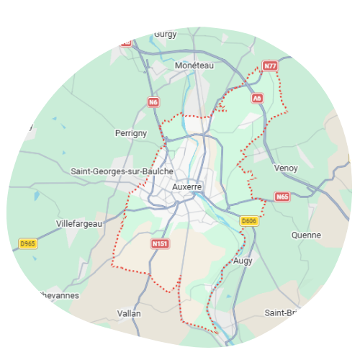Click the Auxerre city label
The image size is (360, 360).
[x=187, y=186]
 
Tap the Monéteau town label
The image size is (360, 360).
[x=195, y=65]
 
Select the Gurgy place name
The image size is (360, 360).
[x=166, y=34]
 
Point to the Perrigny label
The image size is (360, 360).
[x=131, y=133]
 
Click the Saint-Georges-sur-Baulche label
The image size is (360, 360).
[x=122, y=171]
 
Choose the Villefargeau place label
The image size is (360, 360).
[x=79, y=224]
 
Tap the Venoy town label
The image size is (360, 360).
[x=286, y=168]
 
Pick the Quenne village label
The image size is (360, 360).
[x=306, y=235]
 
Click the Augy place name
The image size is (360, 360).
[x=243, y=261]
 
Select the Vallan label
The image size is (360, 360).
[x=129, y=313]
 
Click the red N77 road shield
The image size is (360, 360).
[x=270, y=66]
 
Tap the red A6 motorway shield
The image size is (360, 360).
[x=257, y=97]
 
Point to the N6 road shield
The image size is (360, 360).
[x=153, y=102]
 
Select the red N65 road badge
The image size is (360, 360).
[x=282, y=197]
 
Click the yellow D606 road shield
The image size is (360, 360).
[x=249, y=221]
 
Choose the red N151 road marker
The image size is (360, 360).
[x=160, y=244]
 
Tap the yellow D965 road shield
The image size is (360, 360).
[x=28, y=244]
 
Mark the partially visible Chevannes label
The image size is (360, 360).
[x=60, y=295]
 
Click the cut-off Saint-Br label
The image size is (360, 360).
[x=281, y=312]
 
